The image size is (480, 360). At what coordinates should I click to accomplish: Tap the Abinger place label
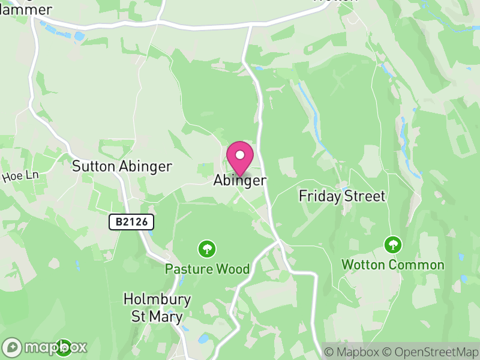click(x=239, y=181)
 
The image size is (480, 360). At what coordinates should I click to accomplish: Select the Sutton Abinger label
click(x=122, y=166)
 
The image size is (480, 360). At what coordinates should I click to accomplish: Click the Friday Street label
click(x=342, y=196)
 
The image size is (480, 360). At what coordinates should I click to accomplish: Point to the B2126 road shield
click(x=131, y=222)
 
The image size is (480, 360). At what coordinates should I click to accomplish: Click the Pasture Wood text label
click(x=208, y=269)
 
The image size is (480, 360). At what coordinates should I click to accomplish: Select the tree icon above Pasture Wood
click(x=208, y=248)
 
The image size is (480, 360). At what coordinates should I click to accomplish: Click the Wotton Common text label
click(x=393, y=265)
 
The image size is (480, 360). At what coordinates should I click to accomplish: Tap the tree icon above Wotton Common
click(x=393, y=244)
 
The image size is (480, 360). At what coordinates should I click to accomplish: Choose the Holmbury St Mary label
click(x=157, y=308)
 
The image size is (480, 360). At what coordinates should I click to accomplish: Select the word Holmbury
click(x=157, y=299)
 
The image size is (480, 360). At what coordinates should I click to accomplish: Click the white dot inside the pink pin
click(x=240, y=154)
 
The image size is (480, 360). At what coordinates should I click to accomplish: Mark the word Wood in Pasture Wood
click(x=233, y=269)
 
